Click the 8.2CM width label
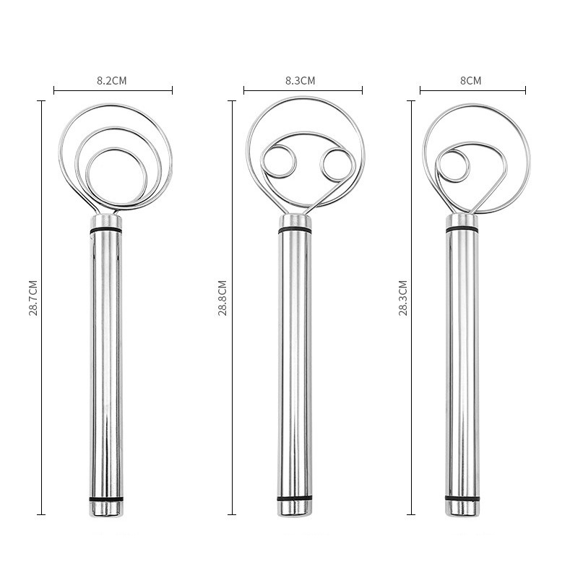[x=112, y=81]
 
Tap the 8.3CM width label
[x=301, y=81]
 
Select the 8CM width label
[x=471, y=81]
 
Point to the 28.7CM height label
[x=33, y=298]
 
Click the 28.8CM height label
[x=223, y=298]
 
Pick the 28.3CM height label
[x=403, y=298]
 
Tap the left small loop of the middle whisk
[x=262, y=161]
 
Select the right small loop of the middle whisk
[x=321, y=164]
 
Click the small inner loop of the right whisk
[x=437, y=165]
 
